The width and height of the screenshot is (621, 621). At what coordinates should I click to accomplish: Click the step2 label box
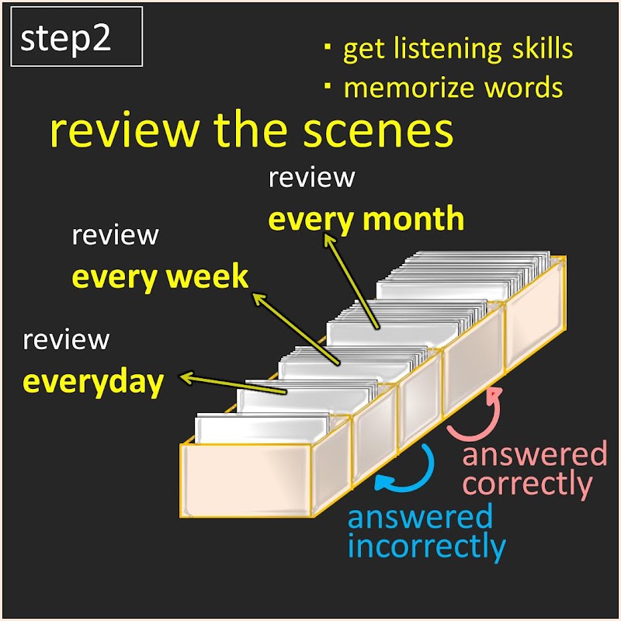(x=76, y=38)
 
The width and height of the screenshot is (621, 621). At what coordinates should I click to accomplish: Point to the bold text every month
(x=366, y=220)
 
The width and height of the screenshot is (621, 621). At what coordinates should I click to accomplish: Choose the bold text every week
(x=160, y=277)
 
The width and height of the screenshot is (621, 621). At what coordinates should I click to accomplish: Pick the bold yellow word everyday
(x=93, y=382)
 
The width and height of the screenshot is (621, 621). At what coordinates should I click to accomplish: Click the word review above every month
(x=311, y=178)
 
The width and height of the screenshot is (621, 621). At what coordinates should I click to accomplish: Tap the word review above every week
(x=115, y=235)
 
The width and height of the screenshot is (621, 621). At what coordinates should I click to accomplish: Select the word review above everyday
(x=66, y=340)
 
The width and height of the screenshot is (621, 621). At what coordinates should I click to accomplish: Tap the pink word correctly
(x=528, y=484)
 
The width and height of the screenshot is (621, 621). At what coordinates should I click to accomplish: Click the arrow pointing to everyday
(x=233, y=384)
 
